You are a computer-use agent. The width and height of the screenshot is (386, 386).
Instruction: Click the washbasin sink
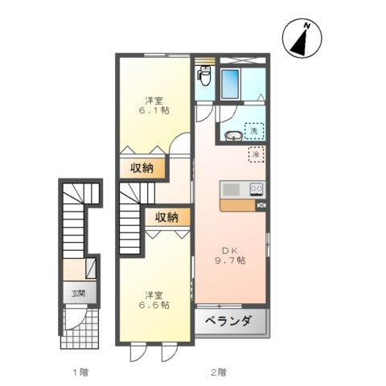click(x=232, y=135)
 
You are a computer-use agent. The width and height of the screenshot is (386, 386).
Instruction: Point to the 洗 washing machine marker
click(x=254, y=130)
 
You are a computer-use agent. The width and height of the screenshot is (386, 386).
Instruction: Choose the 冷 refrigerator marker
click(x=255, y=154)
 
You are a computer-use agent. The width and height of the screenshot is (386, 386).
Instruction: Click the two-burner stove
click(x=257, y=190)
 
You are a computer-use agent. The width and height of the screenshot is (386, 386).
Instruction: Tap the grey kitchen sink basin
click(x=232, y=190)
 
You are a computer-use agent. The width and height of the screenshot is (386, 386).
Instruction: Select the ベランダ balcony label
click(x=230, y=322)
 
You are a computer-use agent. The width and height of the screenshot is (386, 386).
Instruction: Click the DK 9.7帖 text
click(x=229, y=255)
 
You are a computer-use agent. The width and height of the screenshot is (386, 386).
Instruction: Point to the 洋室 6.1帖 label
click(x=157, y=105)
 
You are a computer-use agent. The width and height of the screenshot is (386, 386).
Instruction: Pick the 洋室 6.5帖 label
click(x=156, y=299)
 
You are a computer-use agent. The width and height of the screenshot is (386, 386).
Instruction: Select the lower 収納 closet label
click(x=167, y=218)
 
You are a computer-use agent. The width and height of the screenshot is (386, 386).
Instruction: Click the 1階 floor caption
click(x=78, y=372)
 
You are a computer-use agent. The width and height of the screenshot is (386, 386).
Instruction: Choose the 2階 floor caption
click(x=218, y=372)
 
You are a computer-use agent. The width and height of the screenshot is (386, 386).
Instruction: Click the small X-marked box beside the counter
click(x=261, y=206)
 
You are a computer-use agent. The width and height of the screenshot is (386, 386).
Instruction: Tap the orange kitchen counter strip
click(x=237, y=205)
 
